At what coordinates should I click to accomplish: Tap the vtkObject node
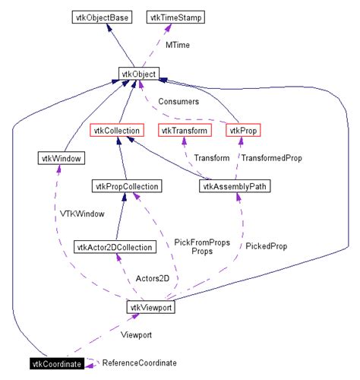click(138, 74)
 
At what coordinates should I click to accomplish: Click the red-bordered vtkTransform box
click(183, 131)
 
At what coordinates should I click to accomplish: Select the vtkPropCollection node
click(125, 185)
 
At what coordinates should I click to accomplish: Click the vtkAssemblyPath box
click(235, 185)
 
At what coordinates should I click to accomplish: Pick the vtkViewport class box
click(150, 308)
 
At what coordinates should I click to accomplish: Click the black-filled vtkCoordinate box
click(55, 366)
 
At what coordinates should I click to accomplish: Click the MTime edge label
click(177, 45)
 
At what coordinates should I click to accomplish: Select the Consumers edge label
click(178, 101)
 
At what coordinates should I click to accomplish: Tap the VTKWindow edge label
click(83, 214)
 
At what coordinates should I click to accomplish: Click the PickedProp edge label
click(267, 246)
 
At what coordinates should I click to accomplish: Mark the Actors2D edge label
click(152, 278)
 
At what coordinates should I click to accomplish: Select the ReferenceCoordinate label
click(140, 363)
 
